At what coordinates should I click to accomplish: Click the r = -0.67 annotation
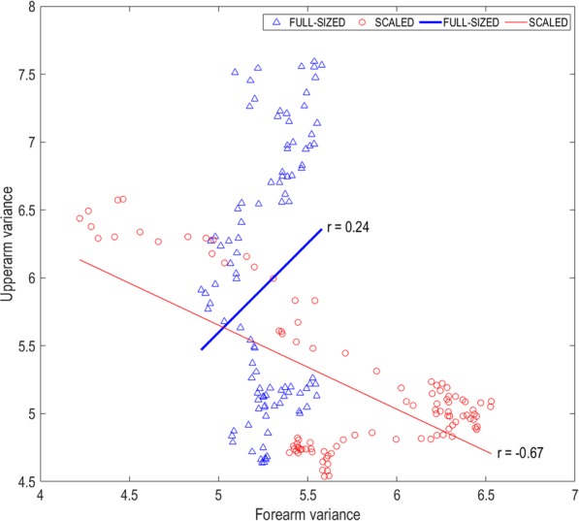[x=525, y=452]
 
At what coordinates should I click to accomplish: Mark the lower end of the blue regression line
[x=201, y=349]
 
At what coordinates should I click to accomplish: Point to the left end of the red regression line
[x=80, y=259]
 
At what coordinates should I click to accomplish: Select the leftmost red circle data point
[x=80, y=218]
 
